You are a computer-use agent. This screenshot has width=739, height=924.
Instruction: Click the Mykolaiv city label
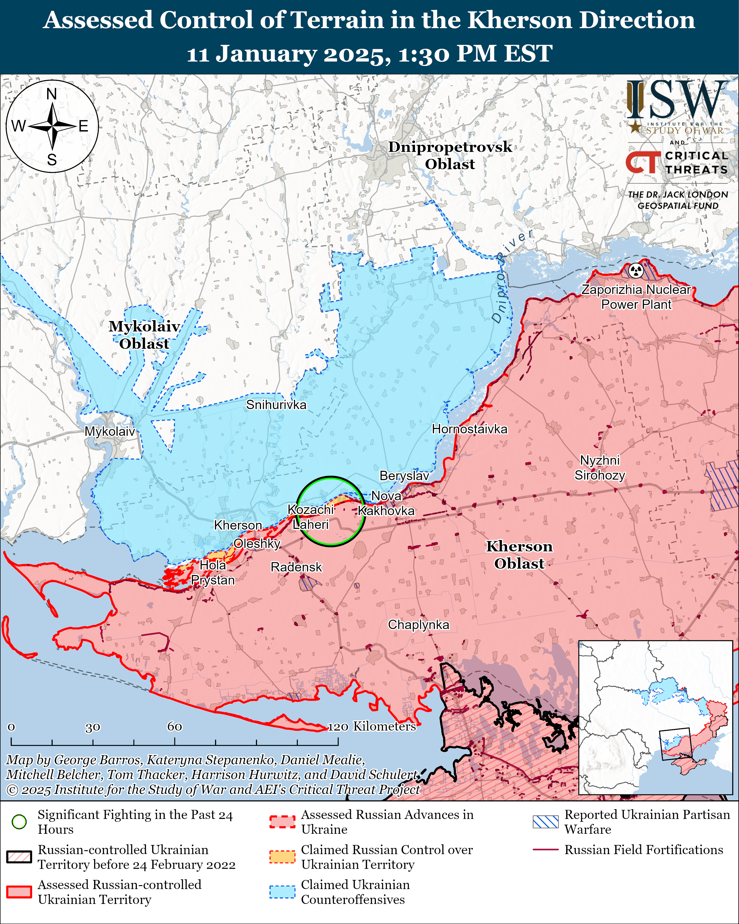[110, 431]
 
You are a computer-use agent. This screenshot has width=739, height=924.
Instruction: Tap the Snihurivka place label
[276, 404]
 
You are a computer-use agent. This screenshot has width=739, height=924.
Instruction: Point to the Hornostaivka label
[469, 429]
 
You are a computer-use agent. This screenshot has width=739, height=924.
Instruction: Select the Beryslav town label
[404, 476]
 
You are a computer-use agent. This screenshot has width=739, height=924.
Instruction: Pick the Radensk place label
[296, 567]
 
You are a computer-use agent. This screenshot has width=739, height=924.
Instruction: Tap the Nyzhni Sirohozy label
[600, 468]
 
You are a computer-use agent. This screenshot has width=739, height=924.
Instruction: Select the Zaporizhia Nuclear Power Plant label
[636, 297]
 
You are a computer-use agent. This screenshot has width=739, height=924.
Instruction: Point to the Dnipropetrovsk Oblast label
[450, 155]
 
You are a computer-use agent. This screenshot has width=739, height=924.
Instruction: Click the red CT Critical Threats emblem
[643, 163]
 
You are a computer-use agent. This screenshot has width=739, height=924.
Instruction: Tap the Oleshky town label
[257, 543]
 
